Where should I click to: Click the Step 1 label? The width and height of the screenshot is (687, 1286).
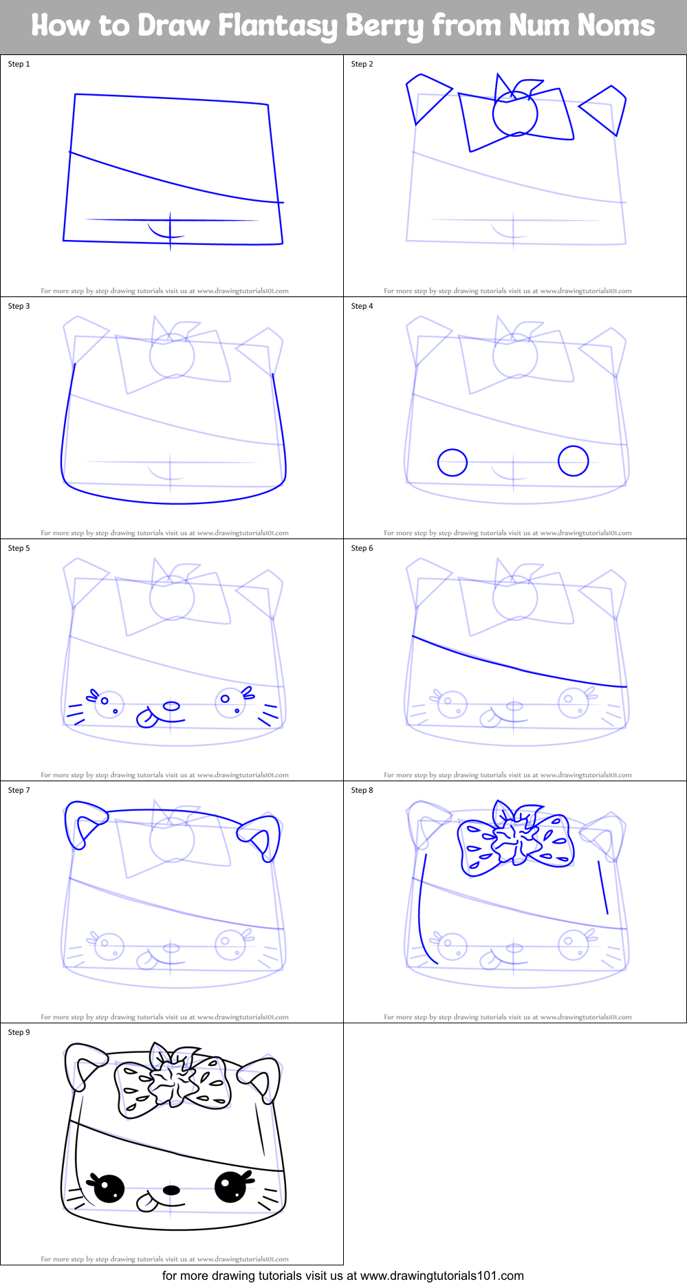[x=19, y=64]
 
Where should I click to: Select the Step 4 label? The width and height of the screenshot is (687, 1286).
[x=362, y=306]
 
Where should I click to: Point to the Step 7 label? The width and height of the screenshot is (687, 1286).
[x=19, y=790]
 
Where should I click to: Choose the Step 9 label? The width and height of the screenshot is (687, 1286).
[x=19, y=1032]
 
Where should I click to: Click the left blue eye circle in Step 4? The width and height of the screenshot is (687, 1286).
[x=452, y=463]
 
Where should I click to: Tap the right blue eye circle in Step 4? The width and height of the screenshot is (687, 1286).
[x=573, y=461]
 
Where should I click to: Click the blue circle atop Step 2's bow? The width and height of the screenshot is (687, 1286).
[x=514, y=113]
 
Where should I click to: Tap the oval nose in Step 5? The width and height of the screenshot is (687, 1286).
[x=171, y=706]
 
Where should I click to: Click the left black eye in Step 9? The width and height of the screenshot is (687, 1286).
[x=109, y=1188]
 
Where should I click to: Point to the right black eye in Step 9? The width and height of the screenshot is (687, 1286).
[x=230, y=1187]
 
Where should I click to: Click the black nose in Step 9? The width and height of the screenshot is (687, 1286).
[x=171, y=1190]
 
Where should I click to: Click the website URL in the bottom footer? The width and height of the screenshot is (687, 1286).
[x=441, y=1276]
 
